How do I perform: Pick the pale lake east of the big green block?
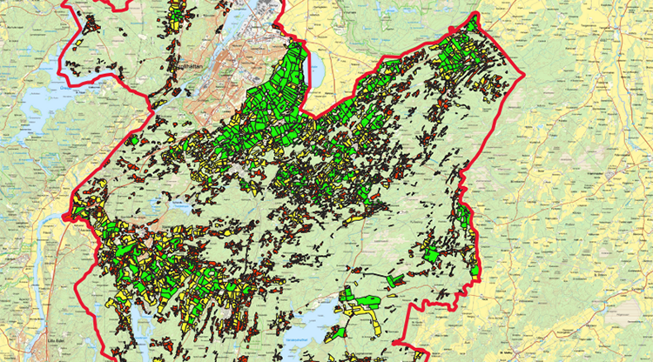(322, 74)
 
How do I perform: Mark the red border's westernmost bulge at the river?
(76, 221)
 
